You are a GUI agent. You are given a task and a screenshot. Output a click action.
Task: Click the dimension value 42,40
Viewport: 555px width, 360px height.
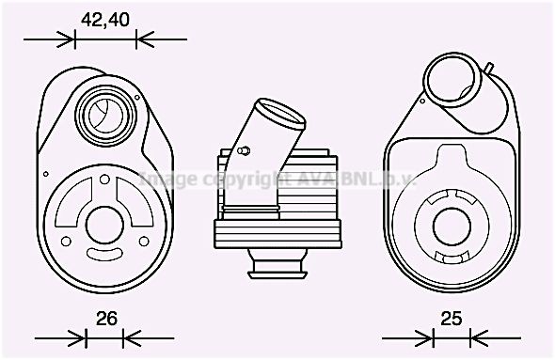tap(105, 19)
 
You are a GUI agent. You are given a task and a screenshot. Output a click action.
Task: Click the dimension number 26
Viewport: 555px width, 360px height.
tap(106, 319)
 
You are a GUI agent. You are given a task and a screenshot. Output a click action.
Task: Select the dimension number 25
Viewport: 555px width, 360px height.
tap(452, 319)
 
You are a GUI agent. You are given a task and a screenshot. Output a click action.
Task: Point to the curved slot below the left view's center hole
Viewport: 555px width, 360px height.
tap(101, 254)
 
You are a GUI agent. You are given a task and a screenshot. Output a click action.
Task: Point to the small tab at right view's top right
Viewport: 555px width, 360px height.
tap(489, 68)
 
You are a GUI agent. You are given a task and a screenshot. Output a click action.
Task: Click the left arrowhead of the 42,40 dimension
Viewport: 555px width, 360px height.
tap(68, 39)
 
